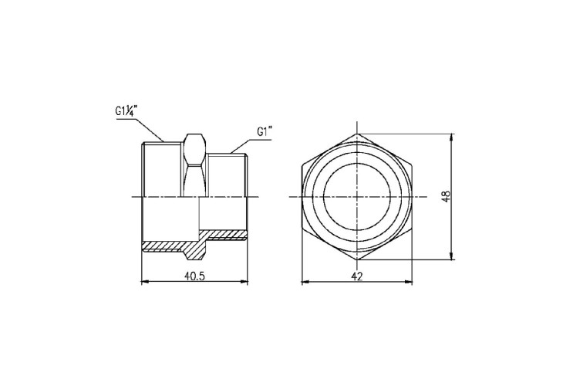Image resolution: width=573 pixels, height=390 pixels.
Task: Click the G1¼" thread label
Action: (x=126, y=110)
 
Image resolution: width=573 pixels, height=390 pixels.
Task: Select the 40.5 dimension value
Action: (x=195, y=276)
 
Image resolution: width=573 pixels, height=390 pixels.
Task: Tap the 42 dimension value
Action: (x=357, y=276)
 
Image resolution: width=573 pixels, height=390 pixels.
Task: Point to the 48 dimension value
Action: (x=446, y=197)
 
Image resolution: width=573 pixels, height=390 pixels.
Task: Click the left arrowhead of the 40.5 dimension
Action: (x=146, y=281)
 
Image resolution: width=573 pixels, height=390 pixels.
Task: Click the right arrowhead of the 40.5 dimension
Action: (x=244, y=281)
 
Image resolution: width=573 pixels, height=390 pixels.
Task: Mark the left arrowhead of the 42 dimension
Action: (x=305, y=282)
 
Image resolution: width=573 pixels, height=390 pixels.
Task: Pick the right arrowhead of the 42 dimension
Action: (x=408, y=282)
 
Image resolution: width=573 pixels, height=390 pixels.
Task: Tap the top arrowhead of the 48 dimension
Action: (x=453, y=138)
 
